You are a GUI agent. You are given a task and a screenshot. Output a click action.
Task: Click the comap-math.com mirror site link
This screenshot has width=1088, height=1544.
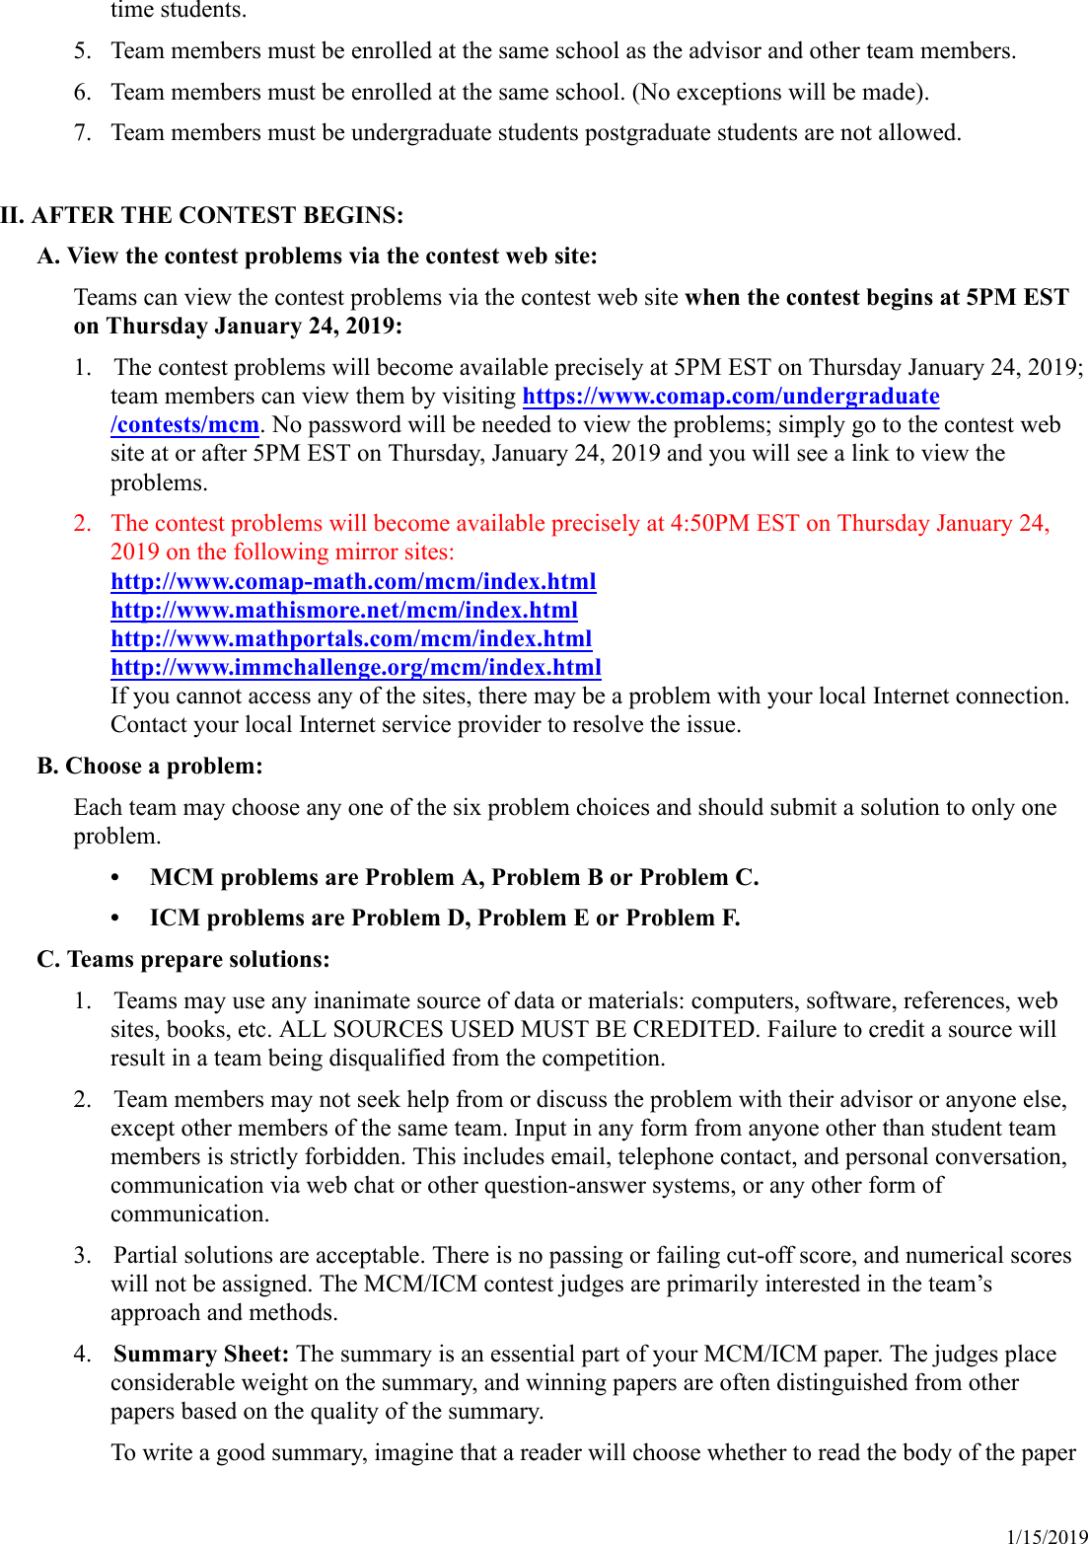tap(353, 581)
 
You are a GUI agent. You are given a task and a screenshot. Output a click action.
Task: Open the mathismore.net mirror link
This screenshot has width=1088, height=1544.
tap(344, 610)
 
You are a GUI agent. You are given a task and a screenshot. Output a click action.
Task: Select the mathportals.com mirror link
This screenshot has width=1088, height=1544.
tap(351, 638)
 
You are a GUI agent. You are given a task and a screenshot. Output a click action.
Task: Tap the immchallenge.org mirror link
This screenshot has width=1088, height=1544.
tap(356, 667)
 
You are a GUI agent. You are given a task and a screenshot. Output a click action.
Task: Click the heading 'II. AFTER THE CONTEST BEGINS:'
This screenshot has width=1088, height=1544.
tap(202, 215)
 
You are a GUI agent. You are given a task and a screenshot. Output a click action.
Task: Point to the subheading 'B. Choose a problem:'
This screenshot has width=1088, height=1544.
tap(150, 766)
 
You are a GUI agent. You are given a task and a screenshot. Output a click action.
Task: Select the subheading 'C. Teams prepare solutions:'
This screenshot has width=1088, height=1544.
tap(183, 959)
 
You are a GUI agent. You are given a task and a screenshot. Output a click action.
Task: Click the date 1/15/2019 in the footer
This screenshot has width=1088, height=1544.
tap(1047, 1536)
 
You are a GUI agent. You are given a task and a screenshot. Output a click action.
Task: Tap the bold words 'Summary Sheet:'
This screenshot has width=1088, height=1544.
tap(201, 1354)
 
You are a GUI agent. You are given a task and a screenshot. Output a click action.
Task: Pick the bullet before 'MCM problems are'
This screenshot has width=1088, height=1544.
tap(115, 877)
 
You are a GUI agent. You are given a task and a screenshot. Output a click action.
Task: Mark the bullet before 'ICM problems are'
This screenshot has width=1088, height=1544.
tap(115, 918)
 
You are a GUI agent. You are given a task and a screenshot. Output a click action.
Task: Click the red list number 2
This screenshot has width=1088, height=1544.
tap(82, 523)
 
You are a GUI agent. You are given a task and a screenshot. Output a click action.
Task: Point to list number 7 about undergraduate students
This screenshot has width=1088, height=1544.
tap(82, 132)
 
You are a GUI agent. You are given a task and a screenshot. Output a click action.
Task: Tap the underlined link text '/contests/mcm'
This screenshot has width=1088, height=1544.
tap(184, 424)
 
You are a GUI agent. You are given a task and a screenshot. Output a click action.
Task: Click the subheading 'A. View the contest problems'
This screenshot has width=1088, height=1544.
tap(317, 256)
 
